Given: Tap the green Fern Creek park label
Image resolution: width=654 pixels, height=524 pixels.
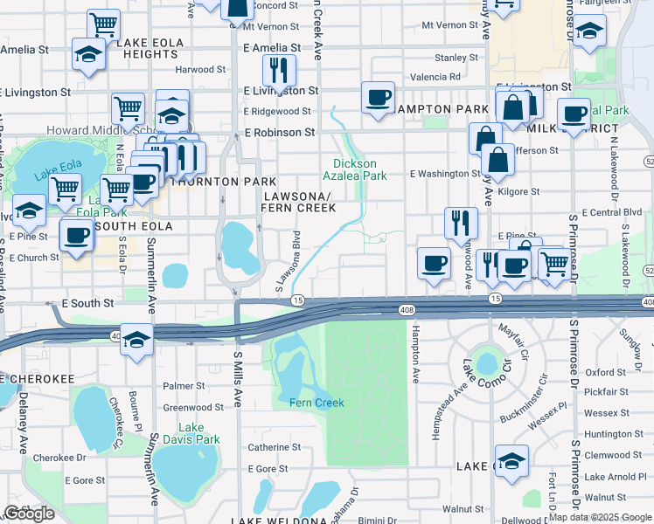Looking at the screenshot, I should coord(317,403).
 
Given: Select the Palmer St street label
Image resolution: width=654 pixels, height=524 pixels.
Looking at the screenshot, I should coord(184,385).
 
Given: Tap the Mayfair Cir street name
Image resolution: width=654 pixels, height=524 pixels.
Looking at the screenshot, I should coord(514,331).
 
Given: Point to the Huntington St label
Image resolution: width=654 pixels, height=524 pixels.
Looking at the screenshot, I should coord(607,434).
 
